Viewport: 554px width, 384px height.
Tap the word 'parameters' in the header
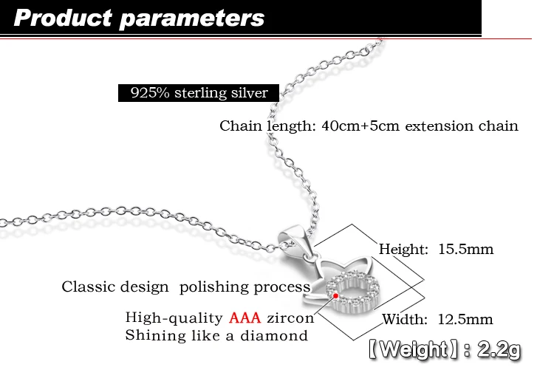(x=192, y=19)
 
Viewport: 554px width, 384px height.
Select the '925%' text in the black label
(x=150, y=92)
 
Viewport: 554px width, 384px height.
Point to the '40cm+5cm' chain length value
(x=360, y=126)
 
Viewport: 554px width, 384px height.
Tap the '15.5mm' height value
(x=465, y=249)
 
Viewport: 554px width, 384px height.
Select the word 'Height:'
(x=403, y=250)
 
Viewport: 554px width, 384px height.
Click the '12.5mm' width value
(x=465, y=319)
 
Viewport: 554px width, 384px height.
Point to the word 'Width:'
(x=405, y=319)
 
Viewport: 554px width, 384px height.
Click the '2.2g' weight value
(x=499, y=350)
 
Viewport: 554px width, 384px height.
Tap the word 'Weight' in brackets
(x=414, y=350)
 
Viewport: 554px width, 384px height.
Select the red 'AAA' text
(x=244, y=318)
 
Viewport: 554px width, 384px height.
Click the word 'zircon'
(x=290, y=318)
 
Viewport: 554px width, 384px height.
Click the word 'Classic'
(x=89, y=287)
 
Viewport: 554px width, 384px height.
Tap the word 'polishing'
(x=214, y=287)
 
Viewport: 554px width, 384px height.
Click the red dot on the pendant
(x=335, y=295)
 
